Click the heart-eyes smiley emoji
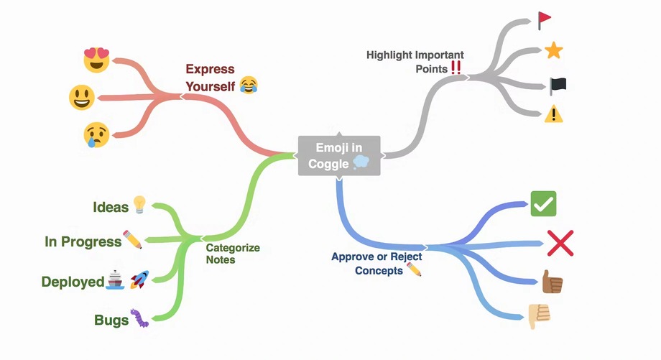click(x=96, y=60)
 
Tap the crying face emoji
click(x=96, y=135)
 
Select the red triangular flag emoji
click(x=544, y=20)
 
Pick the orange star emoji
click(x=553, y=50)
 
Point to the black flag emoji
click(x=558, y=86)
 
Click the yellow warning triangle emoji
click(x=553, y=114)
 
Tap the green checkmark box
click(x=543, y=203)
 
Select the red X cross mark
click(x=560, y=243)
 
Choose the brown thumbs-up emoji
click(x=553, y=282)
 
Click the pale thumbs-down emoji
click(x=539, y=316)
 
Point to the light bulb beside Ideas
click(x=139, y=205)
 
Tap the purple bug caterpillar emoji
click(x=139, y=318)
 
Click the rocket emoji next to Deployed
click(x=139, y=280)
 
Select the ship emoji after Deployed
click(x=115, y=280)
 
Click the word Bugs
click(x=111, y=320)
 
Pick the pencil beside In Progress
click(x=132, y=239)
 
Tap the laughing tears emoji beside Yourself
click(x=249, y=86)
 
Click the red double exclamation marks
click(x=456, y=68)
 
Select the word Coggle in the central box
click(x=328, y=164)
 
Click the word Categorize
click(x=233, y=248)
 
